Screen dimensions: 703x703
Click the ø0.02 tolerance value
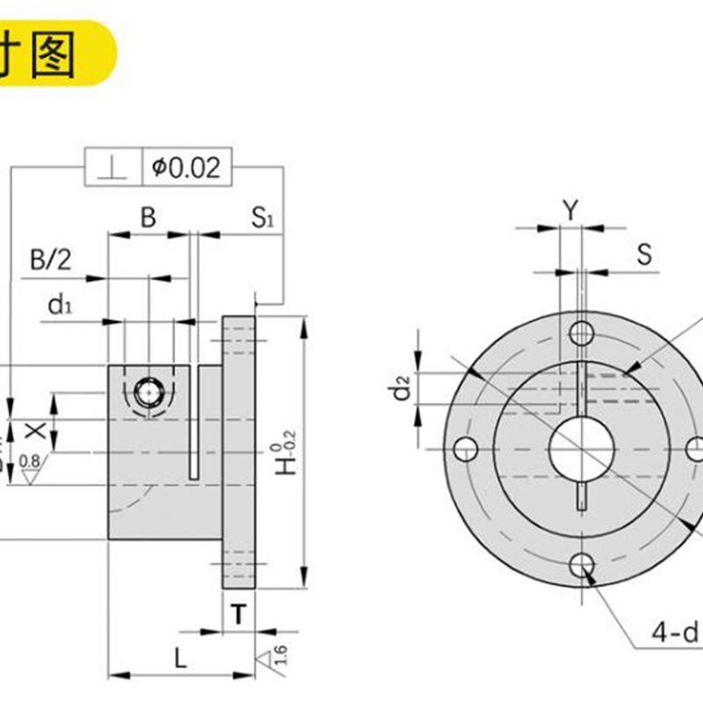(x=185, y=167)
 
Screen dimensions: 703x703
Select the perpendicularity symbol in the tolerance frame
(x=113, y=167)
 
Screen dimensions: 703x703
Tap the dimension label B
(x=148, y=217)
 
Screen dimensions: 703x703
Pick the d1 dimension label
(x=59, y=305)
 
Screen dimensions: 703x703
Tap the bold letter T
(x=238, y=615)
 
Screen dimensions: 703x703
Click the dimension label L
(x=178, y=658)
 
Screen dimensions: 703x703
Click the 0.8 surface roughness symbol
(x=29, y=466)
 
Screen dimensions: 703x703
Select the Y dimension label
(x=571, y=209)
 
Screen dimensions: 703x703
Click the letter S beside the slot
(x=645, y=255)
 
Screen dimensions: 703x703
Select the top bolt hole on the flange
(x=581, y=332)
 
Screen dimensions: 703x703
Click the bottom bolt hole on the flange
(x=581, y=567)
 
